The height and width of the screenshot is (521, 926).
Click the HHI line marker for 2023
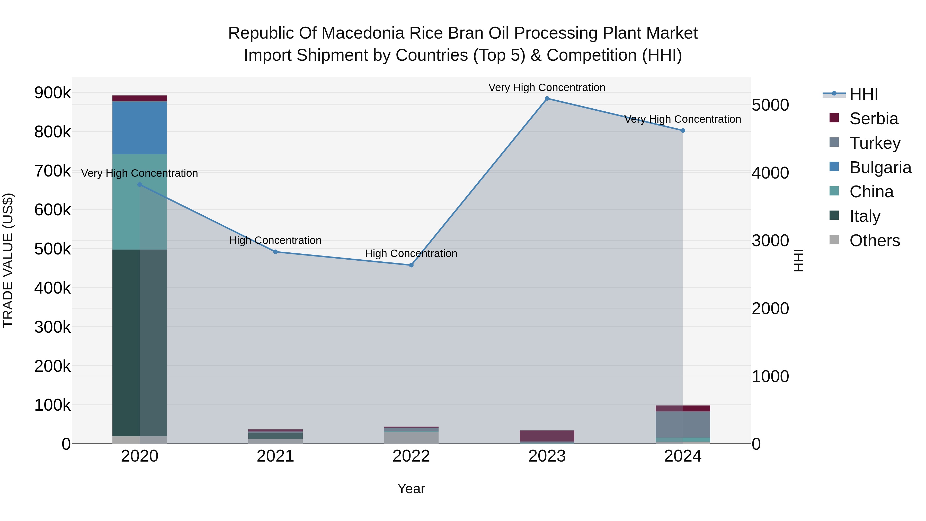[x=547, y=99]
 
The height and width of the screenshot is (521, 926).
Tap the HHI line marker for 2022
[x=411, y=265]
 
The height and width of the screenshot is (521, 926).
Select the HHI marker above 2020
[x=140, y=185]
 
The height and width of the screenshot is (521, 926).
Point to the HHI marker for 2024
[x=683, y=130]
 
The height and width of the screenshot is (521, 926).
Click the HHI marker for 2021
[x=275, y=252]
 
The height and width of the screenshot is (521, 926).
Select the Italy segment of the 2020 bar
[x=140, y=342]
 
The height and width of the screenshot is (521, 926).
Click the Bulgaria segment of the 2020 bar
[x=140, y=128]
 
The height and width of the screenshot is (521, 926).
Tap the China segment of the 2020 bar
[x=140, y=201]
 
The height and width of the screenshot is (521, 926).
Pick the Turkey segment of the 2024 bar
[x=683, y=424]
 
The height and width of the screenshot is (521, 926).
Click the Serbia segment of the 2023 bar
[x=547, y=436]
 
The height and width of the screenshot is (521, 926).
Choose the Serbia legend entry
[x=874, y=119]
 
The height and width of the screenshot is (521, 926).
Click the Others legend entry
[x=874, y=241]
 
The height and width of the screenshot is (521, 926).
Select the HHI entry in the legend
[x=863, y=94]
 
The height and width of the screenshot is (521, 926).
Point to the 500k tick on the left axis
[x=52, y=249]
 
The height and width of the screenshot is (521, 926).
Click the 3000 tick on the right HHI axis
[x=770, y=241]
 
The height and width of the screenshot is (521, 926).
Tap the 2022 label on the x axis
[x=411, y=456]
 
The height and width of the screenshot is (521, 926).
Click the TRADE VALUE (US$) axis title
[x=8, y=260]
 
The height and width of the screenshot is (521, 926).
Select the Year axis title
[x=411, y=489]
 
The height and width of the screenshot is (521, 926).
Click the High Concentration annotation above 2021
[x=275, y=240]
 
